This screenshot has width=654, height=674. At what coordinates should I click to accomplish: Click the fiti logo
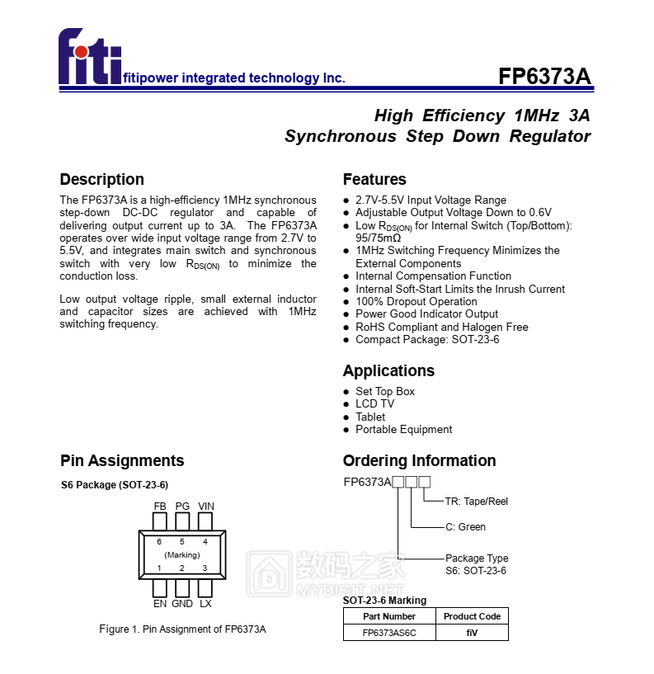(x=90, y=58)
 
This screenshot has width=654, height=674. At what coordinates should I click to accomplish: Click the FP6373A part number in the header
(x=544, y=77)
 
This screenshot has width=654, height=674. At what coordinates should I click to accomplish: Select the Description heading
(x=101, y=179)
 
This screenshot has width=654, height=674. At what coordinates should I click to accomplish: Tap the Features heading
(x=374, y=179)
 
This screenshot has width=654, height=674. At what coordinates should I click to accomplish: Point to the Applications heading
(x=388, y=370)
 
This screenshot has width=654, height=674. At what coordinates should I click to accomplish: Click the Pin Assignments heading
(x=122, y=460)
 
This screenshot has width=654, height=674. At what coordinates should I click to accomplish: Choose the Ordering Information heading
(x=419, y=460)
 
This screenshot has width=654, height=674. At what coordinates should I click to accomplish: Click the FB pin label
(x=160, y=506)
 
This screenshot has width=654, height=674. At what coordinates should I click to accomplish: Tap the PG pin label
(x=182, y=506)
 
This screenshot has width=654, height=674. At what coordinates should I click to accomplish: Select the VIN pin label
(x=206, y=506)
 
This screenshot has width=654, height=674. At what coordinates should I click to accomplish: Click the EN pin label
(x=160, y=604)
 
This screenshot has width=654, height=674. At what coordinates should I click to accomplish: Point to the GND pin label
(x=182, y=604)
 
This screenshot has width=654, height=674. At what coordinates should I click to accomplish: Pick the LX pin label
(x=205, y=604)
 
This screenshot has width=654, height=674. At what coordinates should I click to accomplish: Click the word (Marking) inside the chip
(x=182, y=555)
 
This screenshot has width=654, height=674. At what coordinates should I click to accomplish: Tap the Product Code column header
(x=472, y=616)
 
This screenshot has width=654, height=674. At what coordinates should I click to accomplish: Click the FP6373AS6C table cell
(x=389, y=633)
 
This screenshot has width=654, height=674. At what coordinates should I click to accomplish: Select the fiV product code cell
(x=472, y=633)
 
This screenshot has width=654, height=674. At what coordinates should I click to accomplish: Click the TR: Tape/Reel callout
(x=477, y=501)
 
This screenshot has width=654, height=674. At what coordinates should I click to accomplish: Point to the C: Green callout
(x=465, y=527)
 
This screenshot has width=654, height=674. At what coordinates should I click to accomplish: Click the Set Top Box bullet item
(x=385, y=391)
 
